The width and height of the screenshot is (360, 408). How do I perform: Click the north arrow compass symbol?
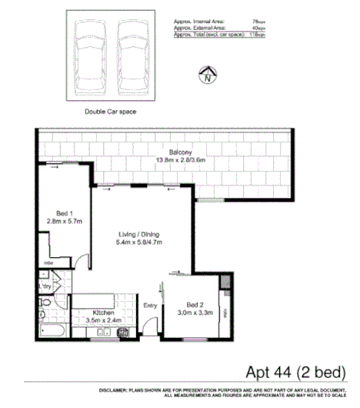pos(206,75)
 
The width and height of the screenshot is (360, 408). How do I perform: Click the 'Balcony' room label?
pos(171,152)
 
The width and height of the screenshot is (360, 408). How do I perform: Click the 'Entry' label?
pos(151,305)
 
